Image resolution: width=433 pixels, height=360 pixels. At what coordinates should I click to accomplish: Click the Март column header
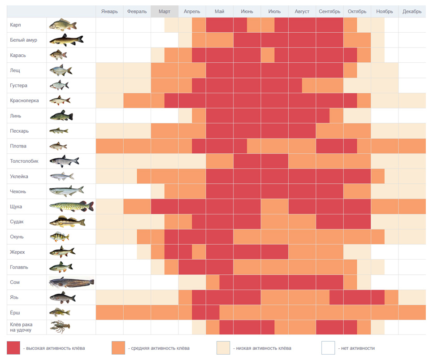pyautogui.click(x=165, y=11)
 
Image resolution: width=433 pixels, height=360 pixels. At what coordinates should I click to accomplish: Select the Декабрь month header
pyautogui.click(x=412, y=11)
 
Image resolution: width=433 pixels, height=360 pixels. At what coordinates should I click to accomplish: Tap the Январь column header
pyautogui.click(x=109, y=11)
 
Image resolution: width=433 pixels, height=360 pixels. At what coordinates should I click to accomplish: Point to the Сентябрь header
pyautogui.click(x=329, y=11)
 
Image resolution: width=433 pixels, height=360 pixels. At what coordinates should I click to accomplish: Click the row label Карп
pyautogui.click(x=15, y=25)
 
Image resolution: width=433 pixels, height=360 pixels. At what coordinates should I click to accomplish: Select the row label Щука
pyautogui.click(x=16, y=207)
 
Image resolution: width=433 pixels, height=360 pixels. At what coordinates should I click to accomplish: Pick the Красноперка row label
pyautogui.click(x=24, y=100)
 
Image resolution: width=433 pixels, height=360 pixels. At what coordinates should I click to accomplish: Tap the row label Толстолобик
pyautogui.click(x=24, y=161)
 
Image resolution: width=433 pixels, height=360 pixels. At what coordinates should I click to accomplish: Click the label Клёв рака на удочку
pyautogui.click(x=21, y=327)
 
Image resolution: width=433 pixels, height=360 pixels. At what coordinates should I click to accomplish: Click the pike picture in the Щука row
pyautogui.click(x=72, y=206)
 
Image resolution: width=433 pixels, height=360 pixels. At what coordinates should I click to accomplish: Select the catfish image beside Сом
pyautogui.click(x=72, y=282)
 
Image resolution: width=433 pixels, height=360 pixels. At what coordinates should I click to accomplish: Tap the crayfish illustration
pyautogui.click(x=60, y=327)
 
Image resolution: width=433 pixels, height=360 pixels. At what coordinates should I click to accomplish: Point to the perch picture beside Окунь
pyautogui.click(x=59, y=237)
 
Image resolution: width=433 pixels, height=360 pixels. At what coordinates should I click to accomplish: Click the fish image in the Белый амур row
pyautogui.click(x=66, y=40)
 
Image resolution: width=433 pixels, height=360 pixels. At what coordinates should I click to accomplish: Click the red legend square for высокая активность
pyautogui.click(x=13, y=348)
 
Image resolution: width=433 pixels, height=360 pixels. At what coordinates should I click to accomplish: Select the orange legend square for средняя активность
pyautogui.click(x=118, y=348)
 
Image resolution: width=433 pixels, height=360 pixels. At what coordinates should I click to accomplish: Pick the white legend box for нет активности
pyautogui.click(x=328, y=348)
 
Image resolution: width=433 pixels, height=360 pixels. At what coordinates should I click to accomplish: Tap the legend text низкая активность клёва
pyautogui.click(x=264, y=348)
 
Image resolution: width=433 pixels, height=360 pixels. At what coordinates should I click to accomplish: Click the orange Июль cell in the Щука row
pyautogui.click(x=274, y=207)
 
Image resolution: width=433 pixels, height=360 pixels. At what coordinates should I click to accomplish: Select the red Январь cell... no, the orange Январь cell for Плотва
pyautogui.click(x=110, y=146)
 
